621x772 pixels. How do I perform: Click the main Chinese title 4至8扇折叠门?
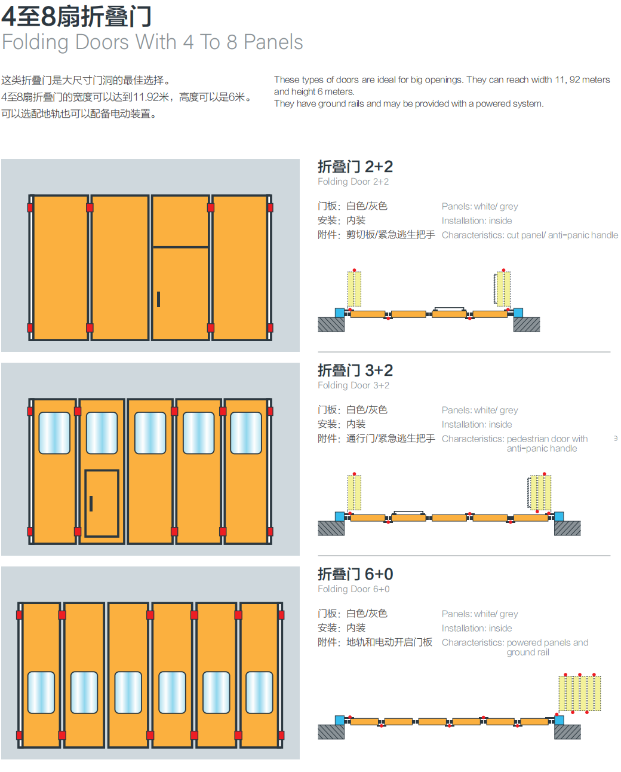coord(76,17)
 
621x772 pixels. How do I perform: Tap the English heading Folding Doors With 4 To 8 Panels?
coord(152,42)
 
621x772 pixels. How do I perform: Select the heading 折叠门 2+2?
coord(355,167)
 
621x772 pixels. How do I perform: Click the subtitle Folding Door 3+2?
coord(353,385)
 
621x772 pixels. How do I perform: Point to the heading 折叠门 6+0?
coord(355,574)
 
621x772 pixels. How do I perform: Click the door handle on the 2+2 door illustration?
coord(158,299)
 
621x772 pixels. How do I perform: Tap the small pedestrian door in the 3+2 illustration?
coord(102,503)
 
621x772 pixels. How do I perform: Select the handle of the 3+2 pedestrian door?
coord(91,503)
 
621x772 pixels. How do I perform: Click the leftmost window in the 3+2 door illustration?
coord(54,433)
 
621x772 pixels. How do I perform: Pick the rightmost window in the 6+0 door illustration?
coord(259,693)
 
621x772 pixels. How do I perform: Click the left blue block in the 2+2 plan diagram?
coord(340,313)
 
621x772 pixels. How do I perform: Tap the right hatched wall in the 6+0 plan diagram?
coord(567,732)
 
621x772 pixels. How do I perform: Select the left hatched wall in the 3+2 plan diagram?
coord(331,528)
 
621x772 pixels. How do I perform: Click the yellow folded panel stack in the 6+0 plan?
coord(580,693)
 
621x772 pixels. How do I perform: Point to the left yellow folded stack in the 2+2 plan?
coord(354,289)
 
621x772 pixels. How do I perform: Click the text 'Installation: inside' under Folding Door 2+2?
coord(476,220)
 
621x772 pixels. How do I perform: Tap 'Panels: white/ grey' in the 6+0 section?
coord(479,614)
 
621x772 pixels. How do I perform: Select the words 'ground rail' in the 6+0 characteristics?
coord(528,652)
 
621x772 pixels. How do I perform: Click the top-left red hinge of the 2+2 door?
coord(30,207)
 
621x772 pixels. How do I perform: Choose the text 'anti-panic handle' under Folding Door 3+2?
coord(542,448)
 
